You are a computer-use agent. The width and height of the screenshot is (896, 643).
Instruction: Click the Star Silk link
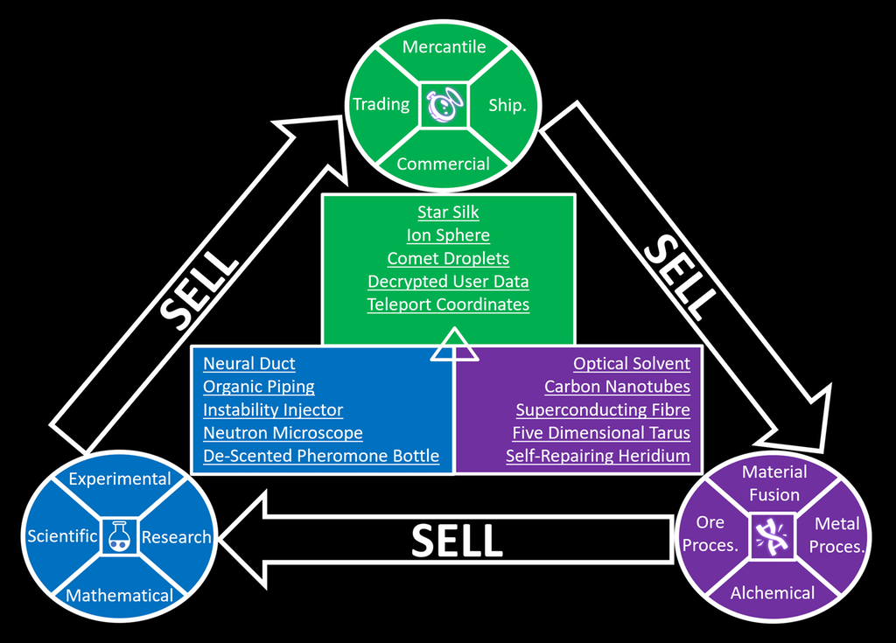(448, 213)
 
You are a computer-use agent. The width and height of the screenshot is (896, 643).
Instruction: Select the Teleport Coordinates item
(448, 305)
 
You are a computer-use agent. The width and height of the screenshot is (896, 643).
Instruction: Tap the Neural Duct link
(249, 364)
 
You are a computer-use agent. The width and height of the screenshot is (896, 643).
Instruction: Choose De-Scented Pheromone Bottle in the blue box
(321, 457)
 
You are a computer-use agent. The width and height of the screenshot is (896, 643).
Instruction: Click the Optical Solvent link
(632, 364)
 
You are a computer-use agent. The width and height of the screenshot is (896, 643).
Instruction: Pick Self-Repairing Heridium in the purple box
(598, 457)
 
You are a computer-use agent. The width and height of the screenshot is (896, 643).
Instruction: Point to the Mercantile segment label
(444, 46)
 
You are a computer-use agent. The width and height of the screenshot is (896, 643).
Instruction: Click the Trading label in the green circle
(381, 105)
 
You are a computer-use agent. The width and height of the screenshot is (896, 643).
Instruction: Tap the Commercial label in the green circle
(443, 164)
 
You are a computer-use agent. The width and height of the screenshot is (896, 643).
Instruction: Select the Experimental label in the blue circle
(120, 479)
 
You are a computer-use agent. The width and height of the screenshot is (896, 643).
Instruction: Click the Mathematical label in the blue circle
(119, 596)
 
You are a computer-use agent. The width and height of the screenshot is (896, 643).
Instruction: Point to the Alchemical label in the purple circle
(773, 593)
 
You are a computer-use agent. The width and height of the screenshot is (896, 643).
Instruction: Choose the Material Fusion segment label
(773, 484)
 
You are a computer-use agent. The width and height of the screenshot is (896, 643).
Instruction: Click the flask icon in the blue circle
(119, 536)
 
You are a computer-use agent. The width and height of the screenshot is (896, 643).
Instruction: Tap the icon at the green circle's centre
(444, 105)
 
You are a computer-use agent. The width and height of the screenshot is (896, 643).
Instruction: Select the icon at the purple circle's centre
(773, 535)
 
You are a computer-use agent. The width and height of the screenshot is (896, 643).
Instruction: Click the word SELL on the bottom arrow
(457, 542)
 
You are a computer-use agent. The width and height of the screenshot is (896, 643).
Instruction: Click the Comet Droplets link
(448, 259)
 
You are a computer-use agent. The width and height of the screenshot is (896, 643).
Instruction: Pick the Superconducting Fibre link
(603, 410)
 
